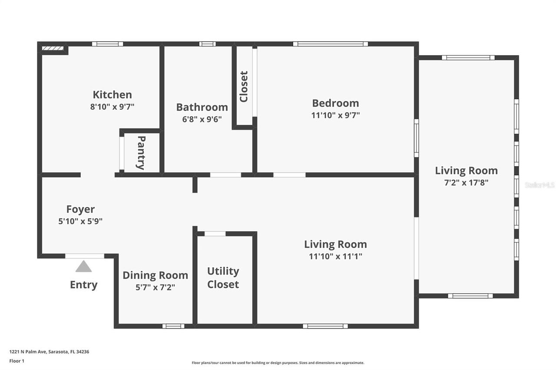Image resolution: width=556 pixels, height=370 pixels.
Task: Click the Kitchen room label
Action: click(x=112, y=95)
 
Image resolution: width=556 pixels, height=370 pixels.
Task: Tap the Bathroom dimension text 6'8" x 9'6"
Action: click(x=202, y=119)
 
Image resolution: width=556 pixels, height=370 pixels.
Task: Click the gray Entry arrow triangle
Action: click(x=83, y=266)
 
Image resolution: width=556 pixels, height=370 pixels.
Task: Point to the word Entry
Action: click(x=83, y=285)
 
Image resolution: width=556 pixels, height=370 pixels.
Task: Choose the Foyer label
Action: click(x=80, y=210)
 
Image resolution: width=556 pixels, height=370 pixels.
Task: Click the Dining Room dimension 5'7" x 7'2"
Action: click(x=155, y=287)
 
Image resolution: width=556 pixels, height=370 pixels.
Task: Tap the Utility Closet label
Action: click(x=223, y=278)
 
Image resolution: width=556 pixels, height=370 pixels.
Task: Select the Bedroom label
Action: click(x=335, y=103)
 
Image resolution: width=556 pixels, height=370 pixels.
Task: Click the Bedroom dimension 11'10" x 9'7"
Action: click(x=335, y=115)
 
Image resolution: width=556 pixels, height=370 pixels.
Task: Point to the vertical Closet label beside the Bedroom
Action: click(x=244, y=87)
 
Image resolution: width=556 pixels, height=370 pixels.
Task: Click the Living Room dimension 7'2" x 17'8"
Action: click(x=466, y=183)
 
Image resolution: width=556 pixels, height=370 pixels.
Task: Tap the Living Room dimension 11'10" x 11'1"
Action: click(x=335, y=256)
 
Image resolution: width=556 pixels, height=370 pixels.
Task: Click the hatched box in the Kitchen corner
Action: click(x=53, y=49)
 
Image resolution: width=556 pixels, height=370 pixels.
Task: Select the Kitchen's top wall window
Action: click(x=107, y=44)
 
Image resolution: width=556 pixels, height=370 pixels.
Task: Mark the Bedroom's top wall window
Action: click(x=330, y=44)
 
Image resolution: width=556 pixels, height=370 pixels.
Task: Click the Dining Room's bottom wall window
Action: click(x=173, y=326)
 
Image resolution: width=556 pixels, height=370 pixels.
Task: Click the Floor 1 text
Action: click(x=17, y=360)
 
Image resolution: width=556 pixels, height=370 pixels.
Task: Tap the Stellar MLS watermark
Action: click(x=539, y=185)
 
